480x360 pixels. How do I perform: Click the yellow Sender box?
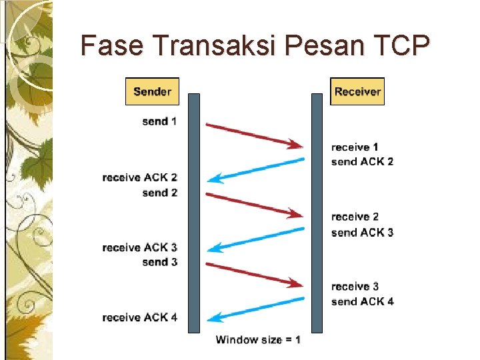[x=152, y=91]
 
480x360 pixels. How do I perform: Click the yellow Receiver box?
[x=357, y=91]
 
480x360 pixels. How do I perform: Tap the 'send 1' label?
[x=159, y=121]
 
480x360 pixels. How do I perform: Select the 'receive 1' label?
[x=355, y=147]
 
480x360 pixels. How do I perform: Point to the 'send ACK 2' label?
[x=362, y=161]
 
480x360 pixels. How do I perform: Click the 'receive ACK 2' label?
[x=140, y=177]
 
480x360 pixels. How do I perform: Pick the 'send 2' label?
[x=159, y=193]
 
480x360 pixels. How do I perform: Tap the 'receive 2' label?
[x=355, y=217]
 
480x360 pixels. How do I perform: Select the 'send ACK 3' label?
[x=362, y=232]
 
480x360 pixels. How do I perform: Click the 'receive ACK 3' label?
[x=140, y=247]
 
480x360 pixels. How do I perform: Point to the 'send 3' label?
[x=159, y=262]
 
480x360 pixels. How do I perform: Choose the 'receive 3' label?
[x=355, y=287]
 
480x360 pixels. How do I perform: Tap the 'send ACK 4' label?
[x=362, y=301]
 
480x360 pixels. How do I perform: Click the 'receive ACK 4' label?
[x=140, y=317]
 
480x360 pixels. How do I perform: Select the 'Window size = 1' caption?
[x=258, y=340]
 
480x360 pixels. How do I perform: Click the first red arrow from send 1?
[x=254, y=134]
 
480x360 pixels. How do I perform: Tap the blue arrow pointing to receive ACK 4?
[x=256, y=309]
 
